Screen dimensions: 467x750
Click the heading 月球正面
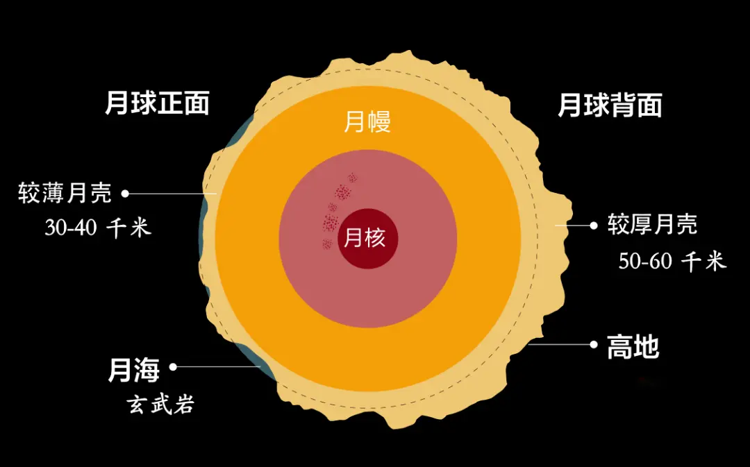pyautogui.click(x=157, y=104)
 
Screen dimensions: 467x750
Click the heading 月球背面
pyautogui.click(x=610, y=105)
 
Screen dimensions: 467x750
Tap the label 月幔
pyautogui.click(x=367, y=122)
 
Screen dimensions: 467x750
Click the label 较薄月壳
pyautogui.click(x=65, y=193)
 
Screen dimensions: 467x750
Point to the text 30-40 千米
pyautogui.click(x=97, y=228)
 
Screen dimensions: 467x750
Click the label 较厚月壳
pyautogui.click(x=652, y=225)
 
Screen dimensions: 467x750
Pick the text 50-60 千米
pyautogui.click(x=672, y=261)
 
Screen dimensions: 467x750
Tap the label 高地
pyautogui.click(x=633, y=347)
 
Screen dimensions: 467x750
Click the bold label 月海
pyautogui.click(x=133, y=370)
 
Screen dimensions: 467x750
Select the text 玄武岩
pyautogui.click(x=160, y=404)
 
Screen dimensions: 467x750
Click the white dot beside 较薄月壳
pyautogui.click(x=126, y=193)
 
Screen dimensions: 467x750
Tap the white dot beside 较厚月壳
pyautogui.click(x=593, y=225)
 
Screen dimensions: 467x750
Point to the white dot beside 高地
pyautogui.click(x=594, y=344)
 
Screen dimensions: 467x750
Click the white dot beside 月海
pyautogui.click(x=174, y=366)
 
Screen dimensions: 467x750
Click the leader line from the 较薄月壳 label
pyautogui.click(x=174, y=193)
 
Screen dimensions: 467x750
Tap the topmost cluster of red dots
pyautogui.click(x=352, y=178)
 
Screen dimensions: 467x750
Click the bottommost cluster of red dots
pyautogui.click(x=326, y=244)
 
